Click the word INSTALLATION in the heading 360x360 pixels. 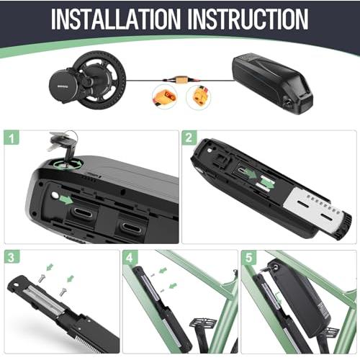click(116, 19)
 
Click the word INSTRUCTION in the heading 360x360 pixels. click(248, 19)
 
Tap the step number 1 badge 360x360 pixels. click(12, 138)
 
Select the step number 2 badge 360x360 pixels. click(189, 138)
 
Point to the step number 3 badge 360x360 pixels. click(12, 257)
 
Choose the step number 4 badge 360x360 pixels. click(130, 257)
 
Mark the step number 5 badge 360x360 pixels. click(248, 257)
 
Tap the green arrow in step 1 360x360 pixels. click(66, 199)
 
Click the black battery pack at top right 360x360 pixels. click(273, 83)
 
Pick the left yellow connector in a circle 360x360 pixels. click(165, 96)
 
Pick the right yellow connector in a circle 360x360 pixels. click(199, 96)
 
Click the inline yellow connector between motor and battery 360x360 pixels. click(181, 80)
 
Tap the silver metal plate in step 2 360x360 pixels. click(312, 208)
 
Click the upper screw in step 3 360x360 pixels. click(42, 278)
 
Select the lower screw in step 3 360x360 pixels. click(63, 292)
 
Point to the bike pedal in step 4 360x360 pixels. click(203, 323)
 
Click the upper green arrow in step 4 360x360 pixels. click(163, 271)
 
